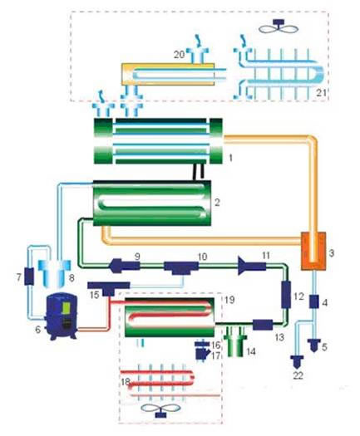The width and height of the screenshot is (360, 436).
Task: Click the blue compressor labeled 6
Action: (62, 317)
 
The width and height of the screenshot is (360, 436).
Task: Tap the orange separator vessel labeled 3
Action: (313, 251)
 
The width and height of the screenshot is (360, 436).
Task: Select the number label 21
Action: (321, 92)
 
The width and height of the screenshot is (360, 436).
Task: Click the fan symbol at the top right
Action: (279, 27)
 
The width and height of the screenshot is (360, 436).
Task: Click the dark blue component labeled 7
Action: (28, 276)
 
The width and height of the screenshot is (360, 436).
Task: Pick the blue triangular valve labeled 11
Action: (252, 266)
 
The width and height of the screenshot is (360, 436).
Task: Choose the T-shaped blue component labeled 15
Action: (109, 288)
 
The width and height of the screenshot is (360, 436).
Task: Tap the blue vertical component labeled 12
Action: (286, 295)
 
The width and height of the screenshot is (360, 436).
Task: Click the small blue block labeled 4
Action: (314, 301)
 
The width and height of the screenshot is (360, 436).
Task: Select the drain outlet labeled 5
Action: (314, 345)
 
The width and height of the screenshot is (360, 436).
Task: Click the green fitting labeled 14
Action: (236, 341)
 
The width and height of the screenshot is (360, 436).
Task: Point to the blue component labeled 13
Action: (263, 325)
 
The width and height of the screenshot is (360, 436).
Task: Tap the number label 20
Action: (179, 54)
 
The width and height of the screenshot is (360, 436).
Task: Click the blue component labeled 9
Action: (125, 266)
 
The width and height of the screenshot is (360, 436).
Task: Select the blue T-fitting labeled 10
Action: (181, 267)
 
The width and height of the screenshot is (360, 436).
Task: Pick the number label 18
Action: (126, 382)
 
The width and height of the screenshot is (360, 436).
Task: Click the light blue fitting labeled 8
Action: (55, 272)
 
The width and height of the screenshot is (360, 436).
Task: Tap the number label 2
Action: (217, 202)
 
